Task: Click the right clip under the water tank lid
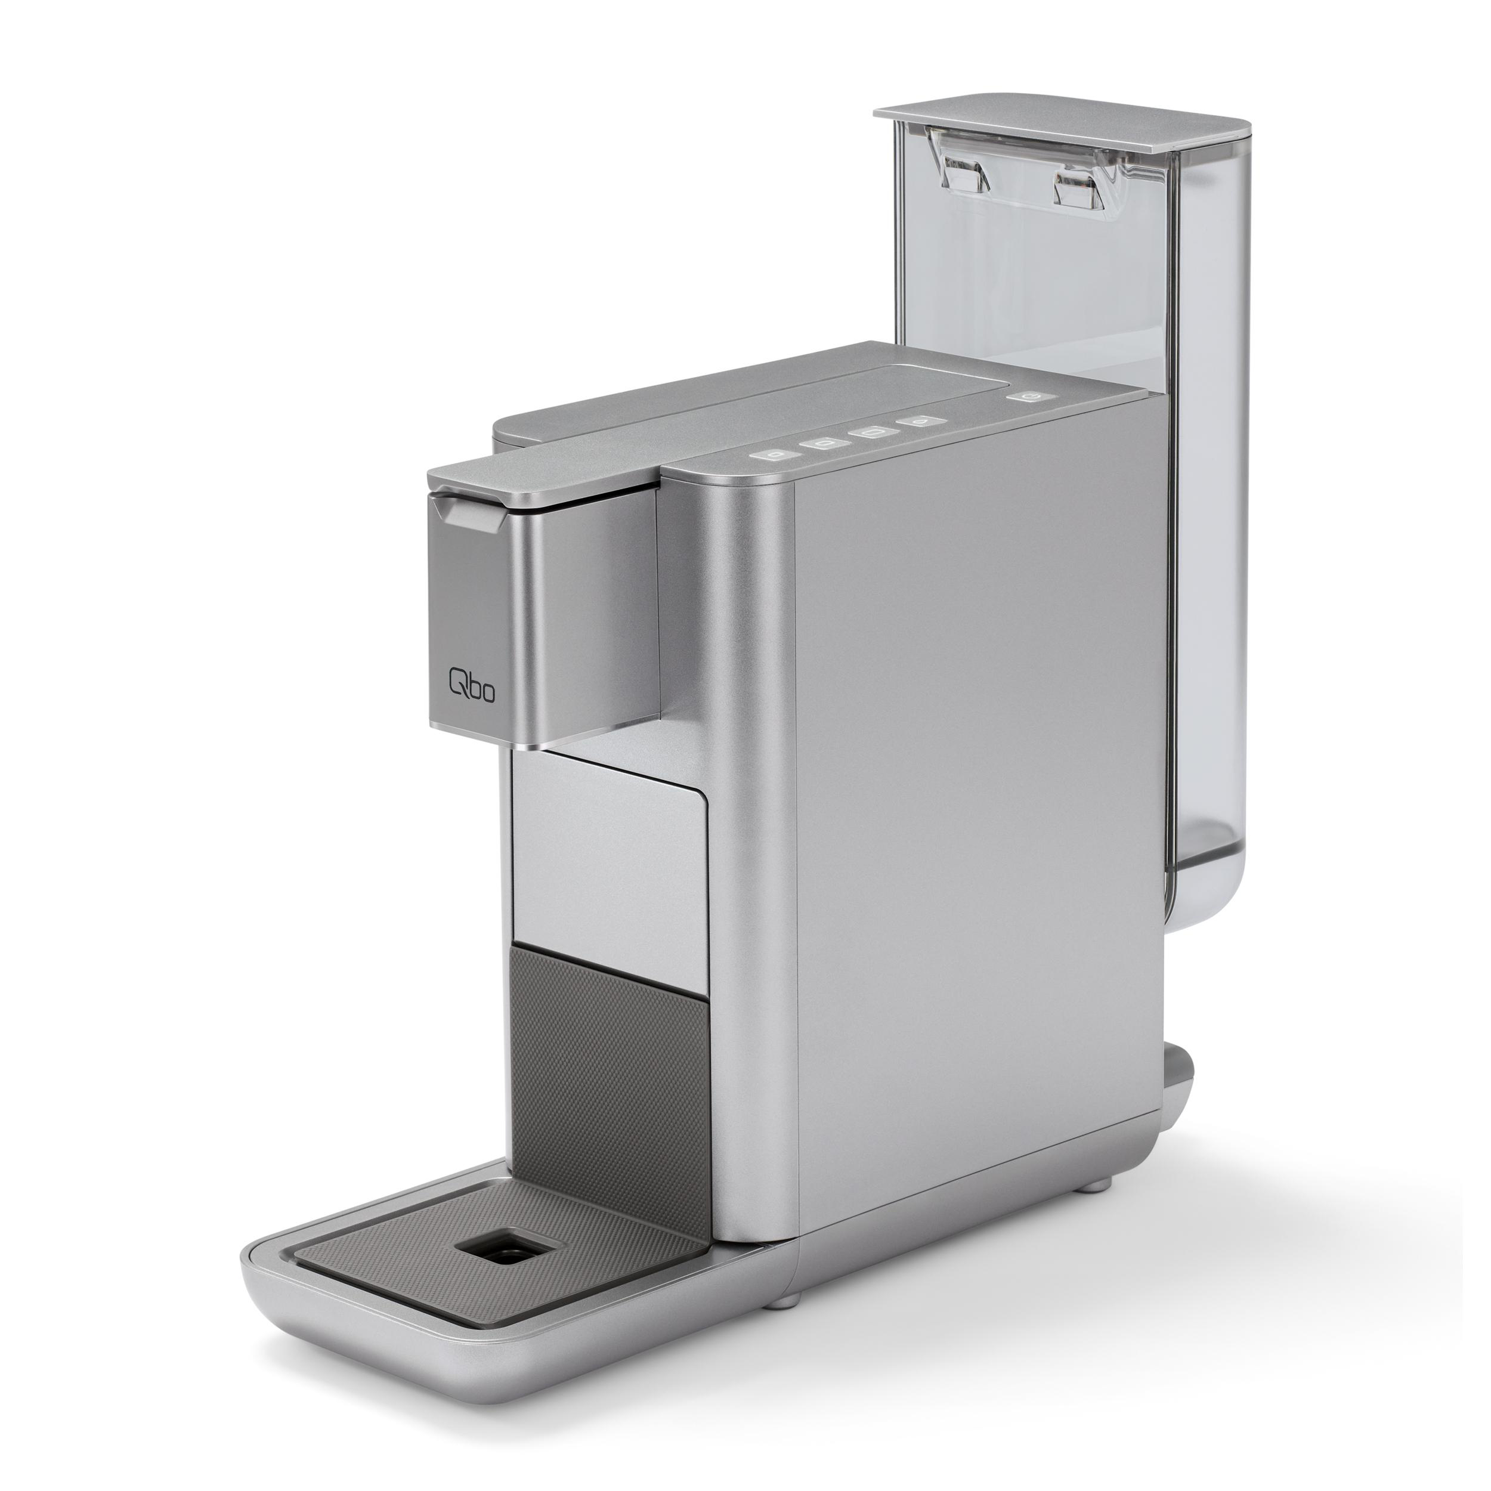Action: pyautogui.click(x=1081, y=181)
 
